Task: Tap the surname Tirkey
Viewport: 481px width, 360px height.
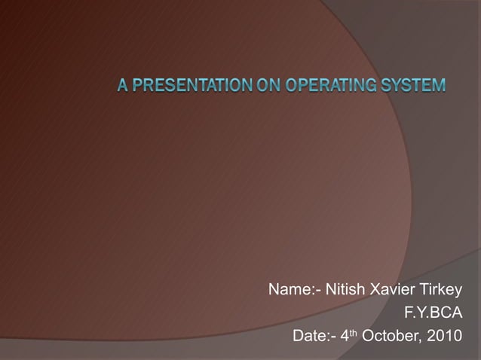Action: (442, 290)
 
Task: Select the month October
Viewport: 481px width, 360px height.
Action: (390, 334)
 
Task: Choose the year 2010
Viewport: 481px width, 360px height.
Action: (442, 334)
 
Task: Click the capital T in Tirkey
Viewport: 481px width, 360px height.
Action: (425, 290)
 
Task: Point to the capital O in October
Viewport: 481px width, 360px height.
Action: (369, 334)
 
